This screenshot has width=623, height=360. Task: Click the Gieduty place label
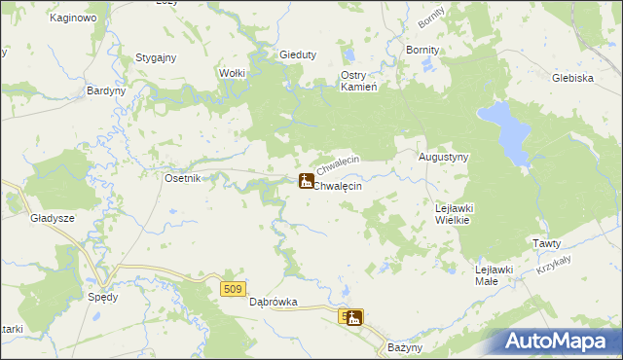click(298, 55)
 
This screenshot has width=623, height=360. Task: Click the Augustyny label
click(444, 157)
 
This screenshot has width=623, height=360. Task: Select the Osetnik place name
click(182, 178)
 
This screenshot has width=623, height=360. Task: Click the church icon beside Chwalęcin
click(306, 181)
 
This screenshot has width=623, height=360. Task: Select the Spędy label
click(102, 297)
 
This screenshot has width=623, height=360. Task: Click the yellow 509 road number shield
click(231, 289)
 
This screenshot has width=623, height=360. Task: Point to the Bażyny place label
click(404, 347)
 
